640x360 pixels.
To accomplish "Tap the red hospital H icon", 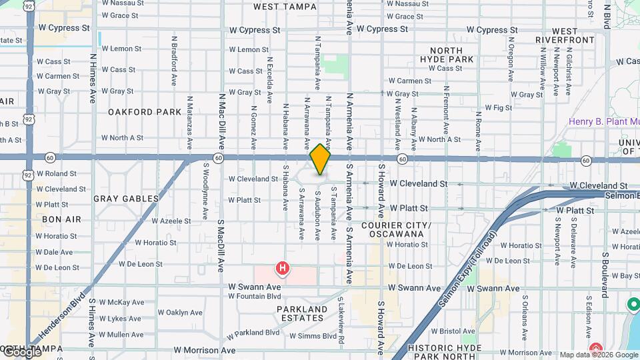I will click(283, 269).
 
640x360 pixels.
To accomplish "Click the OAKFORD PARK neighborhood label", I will click(145, 112).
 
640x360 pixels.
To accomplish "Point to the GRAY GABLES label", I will click(126, 199).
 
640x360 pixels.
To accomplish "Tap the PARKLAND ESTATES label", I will click(302, 314).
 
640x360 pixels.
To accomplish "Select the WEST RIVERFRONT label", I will click(565, 35).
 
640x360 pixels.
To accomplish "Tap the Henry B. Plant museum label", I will click(603, 122).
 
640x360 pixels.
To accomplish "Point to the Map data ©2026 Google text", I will click(599, 355).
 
